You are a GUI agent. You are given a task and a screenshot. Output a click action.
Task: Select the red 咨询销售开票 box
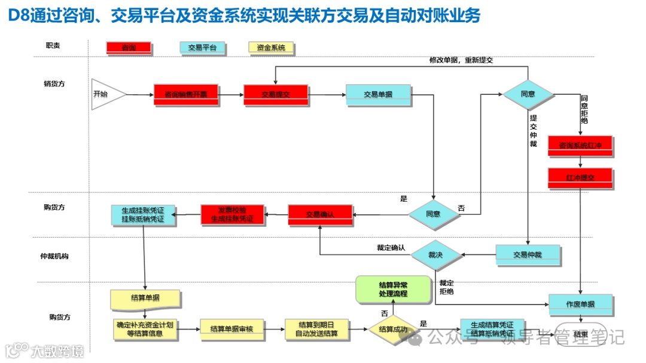(x=185, y=94)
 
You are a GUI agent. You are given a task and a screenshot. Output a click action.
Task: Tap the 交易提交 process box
(x=276, y=94)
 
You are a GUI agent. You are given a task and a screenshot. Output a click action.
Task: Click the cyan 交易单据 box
(x=378, y=94)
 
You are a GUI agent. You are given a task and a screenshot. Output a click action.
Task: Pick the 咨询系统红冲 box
(x=580, y=145)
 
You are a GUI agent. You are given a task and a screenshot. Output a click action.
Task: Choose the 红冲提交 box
(x=580, y=178)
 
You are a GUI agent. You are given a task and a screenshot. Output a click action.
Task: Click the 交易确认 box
(x=321, y=214)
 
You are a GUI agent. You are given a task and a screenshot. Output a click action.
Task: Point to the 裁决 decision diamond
(x=436, y=254)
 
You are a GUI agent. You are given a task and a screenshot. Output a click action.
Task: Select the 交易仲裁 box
(x=528, y=255)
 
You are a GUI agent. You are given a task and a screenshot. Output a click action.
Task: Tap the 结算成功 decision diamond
(x=393, y=329)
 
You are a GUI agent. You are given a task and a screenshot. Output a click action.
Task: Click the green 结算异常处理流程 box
(x=393, y=289)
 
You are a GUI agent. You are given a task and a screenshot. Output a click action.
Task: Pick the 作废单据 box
(x=580, y=304)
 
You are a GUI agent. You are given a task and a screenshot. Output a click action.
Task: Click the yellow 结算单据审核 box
(x=233, y=329)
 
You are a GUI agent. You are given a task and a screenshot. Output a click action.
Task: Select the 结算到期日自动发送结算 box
(x=316, y=329)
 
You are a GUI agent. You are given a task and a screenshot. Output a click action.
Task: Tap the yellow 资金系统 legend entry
(x=271, y=47)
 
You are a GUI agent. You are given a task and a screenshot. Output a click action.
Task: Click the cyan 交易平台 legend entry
(x=202, y=47)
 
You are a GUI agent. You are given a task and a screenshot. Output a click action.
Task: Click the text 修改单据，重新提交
(x=461, y=60)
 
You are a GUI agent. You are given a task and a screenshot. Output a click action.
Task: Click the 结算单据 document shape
(x=145, y=298)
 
